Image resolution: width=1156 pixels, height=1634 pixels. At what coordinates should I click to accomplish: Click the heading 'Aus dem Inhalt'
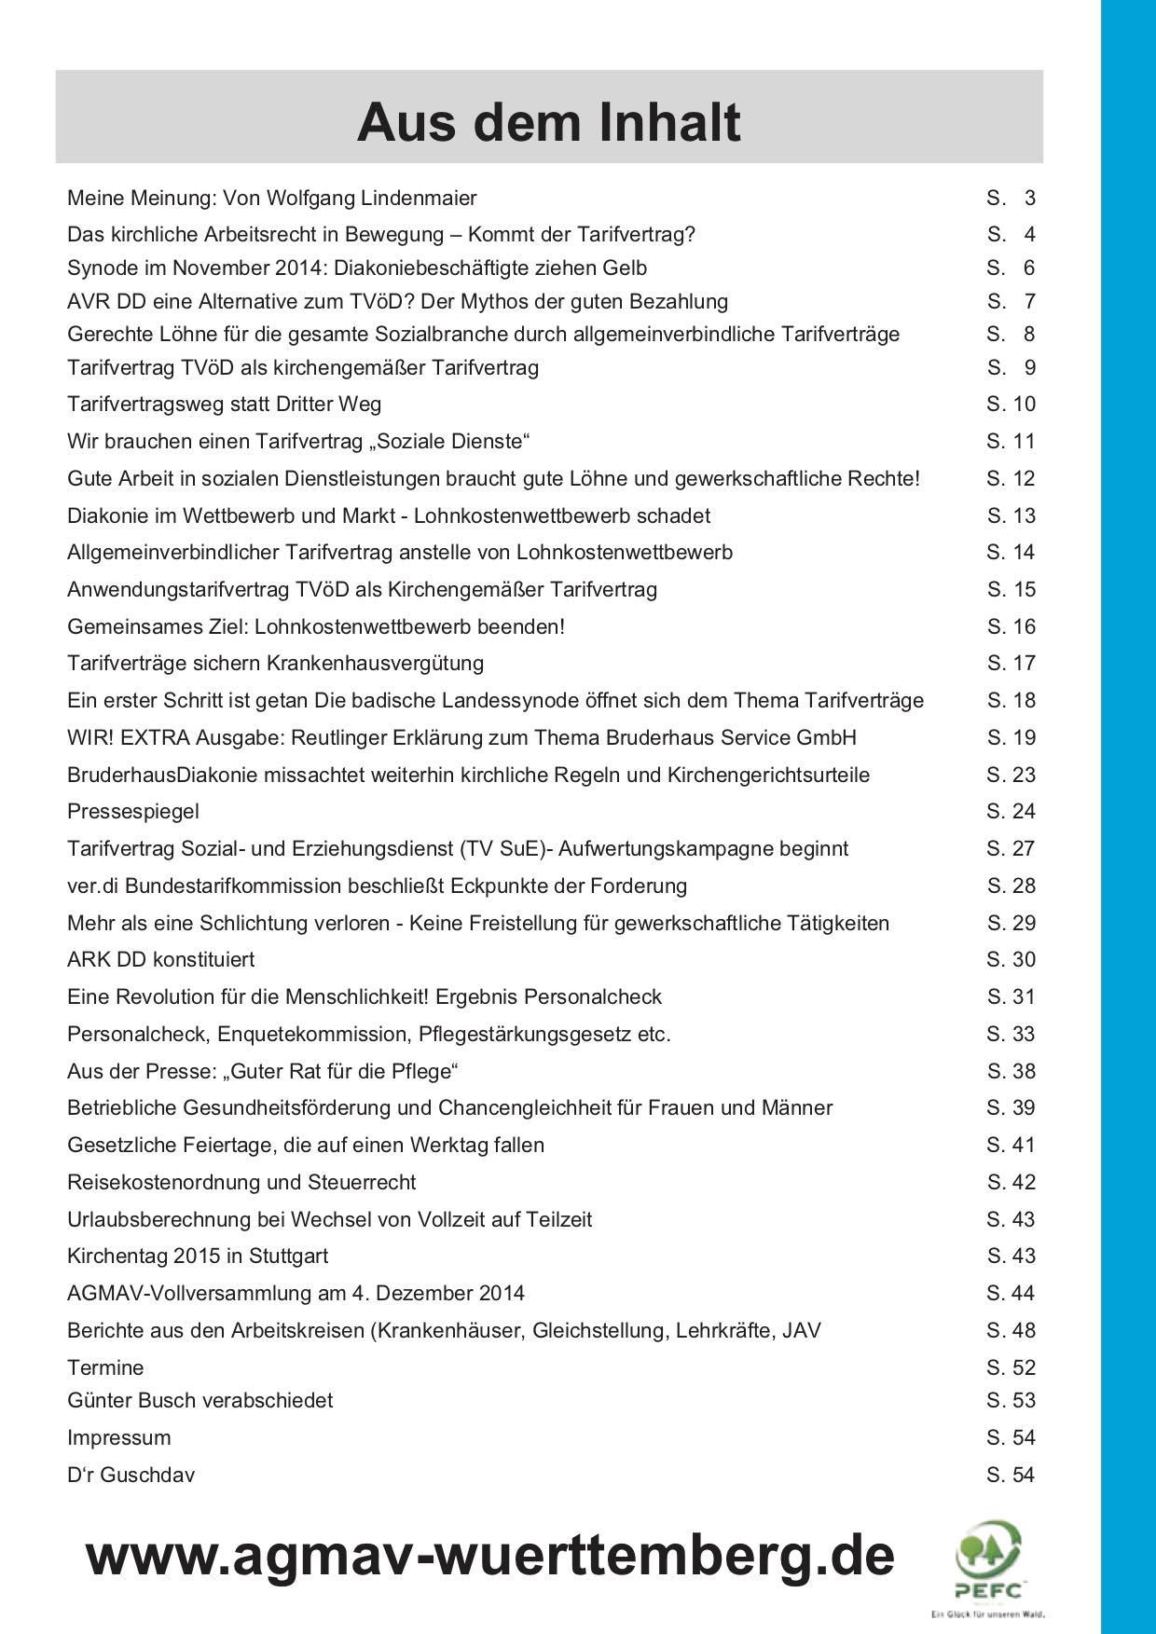(x=548, y=122)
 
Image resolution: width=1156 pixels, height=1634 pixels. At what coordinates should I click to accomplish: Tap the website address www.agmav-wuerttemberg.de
(x=489, y=1556)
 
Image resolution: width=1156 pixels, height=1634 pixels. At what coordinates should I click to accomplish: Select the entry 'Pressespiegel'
(x=133, y=812)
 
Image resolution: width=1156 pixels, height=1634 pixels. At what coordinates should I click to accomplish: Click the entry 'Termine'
(x=105, y=1367)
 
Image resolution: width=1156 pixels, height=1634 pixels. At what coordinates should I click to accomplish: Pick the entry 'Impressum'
(x=119, y=1437)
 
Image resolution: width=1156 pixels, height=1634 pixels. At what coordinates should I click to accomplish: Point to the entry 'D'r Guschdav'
(x=131, y=1475)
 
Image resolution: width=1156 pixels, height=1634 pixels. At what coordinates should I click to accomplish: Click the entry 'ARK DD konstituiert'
(x=160, y=960)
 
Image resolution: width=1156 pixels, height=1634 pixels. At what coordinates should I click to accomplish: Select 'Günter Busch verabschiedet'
(x=200, y=1400)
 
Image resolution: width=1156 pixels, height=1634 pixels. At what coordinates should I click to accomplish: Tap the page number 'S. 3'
(x=1011, y=198)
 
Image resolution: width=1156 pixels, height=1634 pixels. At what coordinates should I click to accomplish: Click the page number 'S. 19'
(x=1011, y=737)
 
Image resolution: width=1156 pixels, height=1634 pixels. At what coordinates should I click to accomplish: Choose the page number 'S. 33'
(x=1011, y=1034)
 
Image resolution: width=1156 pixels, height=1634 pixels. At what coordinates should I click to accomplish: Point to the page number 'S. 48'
(x=1011, y=1330)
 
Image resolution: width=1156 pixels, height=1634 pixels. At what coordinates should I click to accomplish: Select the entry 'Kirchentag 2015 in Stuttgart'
(x=198, y=1256)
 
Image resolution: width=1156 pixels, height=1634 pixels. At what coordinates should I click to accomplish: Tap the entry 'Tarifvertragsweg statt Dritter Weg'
(x=224, y=404)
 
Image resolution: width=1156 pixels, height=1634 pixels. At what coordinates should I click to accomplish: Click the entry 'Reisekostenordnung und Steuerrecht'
(x=241, y=1182)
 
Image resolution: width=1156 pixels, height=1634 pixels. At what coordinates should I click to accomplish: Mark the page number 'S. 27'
(x=1011, y=848)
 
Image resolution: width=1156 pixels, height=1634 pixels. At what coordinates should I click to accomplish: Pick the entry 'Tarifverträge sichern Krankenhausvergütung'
(x=275, y=663)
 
